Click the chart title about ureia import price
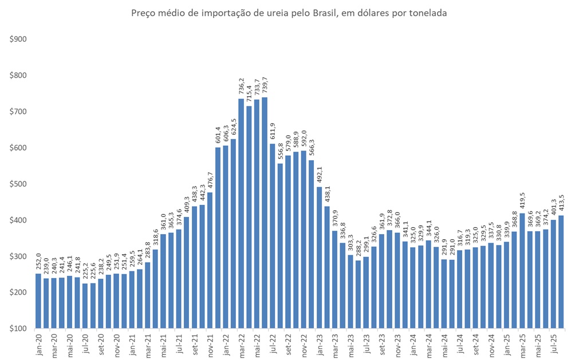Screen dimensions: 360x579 [289, 13]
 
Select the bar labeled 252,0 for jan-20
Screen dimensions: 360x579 [38, 301]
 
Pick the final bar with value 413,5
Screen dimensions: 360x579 [561, 272]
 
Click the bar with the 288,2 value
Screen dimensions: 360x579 [358, 294]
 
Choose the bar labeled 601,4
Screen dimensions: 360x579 [218, 238]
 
